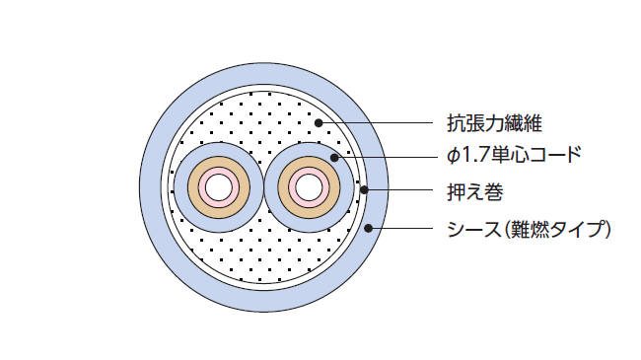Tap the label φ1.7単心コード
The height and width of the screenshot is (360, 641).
pos(513,155)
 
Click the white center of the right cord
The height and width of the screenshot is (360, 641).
pos(308,185)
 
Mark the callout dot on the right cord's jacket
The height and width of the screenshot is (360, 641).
pos(335,156)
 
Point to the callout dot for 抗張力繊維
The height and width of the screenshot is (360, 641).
pos(319,123)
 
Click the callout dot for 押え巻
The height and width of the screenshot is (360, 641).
pos(365,188)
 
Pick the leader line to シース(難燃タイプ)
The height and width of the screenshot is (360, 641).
pos(404,230)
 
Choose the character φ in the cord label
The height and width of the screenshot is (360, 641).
pos(453,156)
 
